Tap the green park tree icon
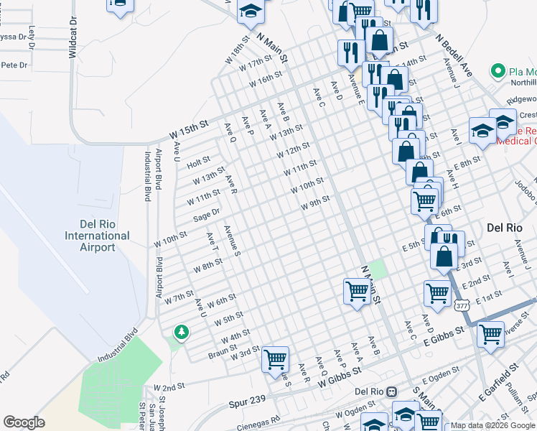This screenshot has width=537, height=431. [x=181, y=331]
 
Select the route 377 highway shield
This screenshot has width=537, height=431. [x=462, y=305]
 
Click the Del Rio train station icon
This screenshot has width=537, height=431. [x=391, y=391]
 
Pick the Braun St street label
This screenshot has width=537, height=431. [x=223, y=352]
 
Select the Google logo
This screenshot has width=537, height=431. [x=24, y=422]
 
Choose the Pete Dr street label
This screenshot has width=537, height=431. [x=14, y=65]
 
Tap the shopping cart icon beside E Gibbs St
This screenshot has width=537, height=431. [x=490, y=333]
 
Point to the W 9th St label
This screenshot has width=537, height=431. [x=315, y=203]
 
